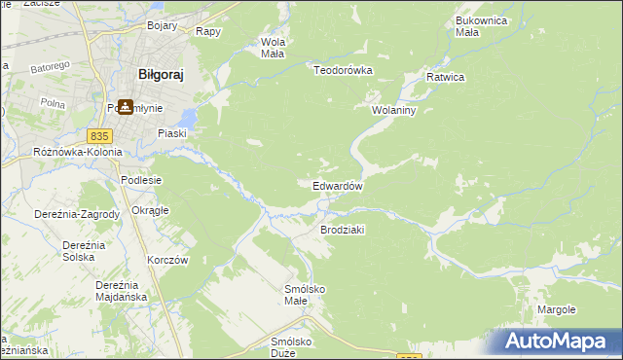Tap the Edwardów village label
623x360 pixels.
[338, 186]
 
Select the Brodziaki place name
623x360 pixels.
[342, 230]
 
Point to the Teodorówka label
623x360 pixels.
[344, 69]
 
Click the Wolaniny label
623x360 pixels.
[393, 110]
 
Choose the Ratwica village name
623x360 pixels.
[446, 76]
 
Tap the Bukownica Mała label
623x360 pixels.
[480, 26]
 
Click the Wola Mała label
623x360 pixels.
[272, 48]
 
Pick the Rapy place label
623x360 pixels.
[207, 31]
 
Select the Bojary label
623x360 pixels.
[162, 25]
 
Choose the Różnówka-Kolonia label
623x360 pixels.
[78, 152]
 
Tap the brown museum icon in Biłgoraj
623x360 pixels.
[126, 107]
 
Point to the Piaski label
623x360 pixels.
[172, 133]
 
